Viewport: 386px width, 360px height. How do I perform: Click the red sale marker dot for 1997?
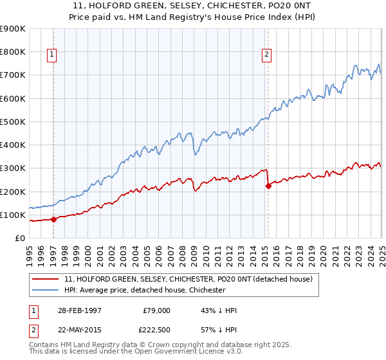pyautogui.click(x=54, y=219)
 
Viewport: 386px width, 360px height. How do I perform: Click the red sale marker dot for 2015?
pyautogui.click(x=268, y=186)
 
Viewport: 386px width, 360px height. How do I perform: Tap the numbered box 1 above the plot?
pyautogui.click(x=51, y=55)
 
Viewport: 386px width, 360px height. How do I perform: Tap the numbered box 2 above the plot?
pyautogui.click(x=266, y=55)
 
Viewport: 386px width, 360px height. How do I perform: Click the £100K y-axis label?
pyautogui.click(x=14, y=215)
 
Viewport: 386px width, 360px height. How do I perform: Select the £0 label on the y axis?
pyautogui.click(x=19, y=239)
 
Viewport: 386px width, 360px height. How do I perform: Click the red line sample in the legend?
pyautogui.click(x=46, y=279)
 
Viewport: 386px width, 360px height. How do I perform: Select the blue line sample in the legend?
pyautogui.click(x=46, y=290)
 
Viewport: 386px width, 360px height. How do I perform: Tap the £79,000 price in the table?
pyautogui.click(x=156, y=310)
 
